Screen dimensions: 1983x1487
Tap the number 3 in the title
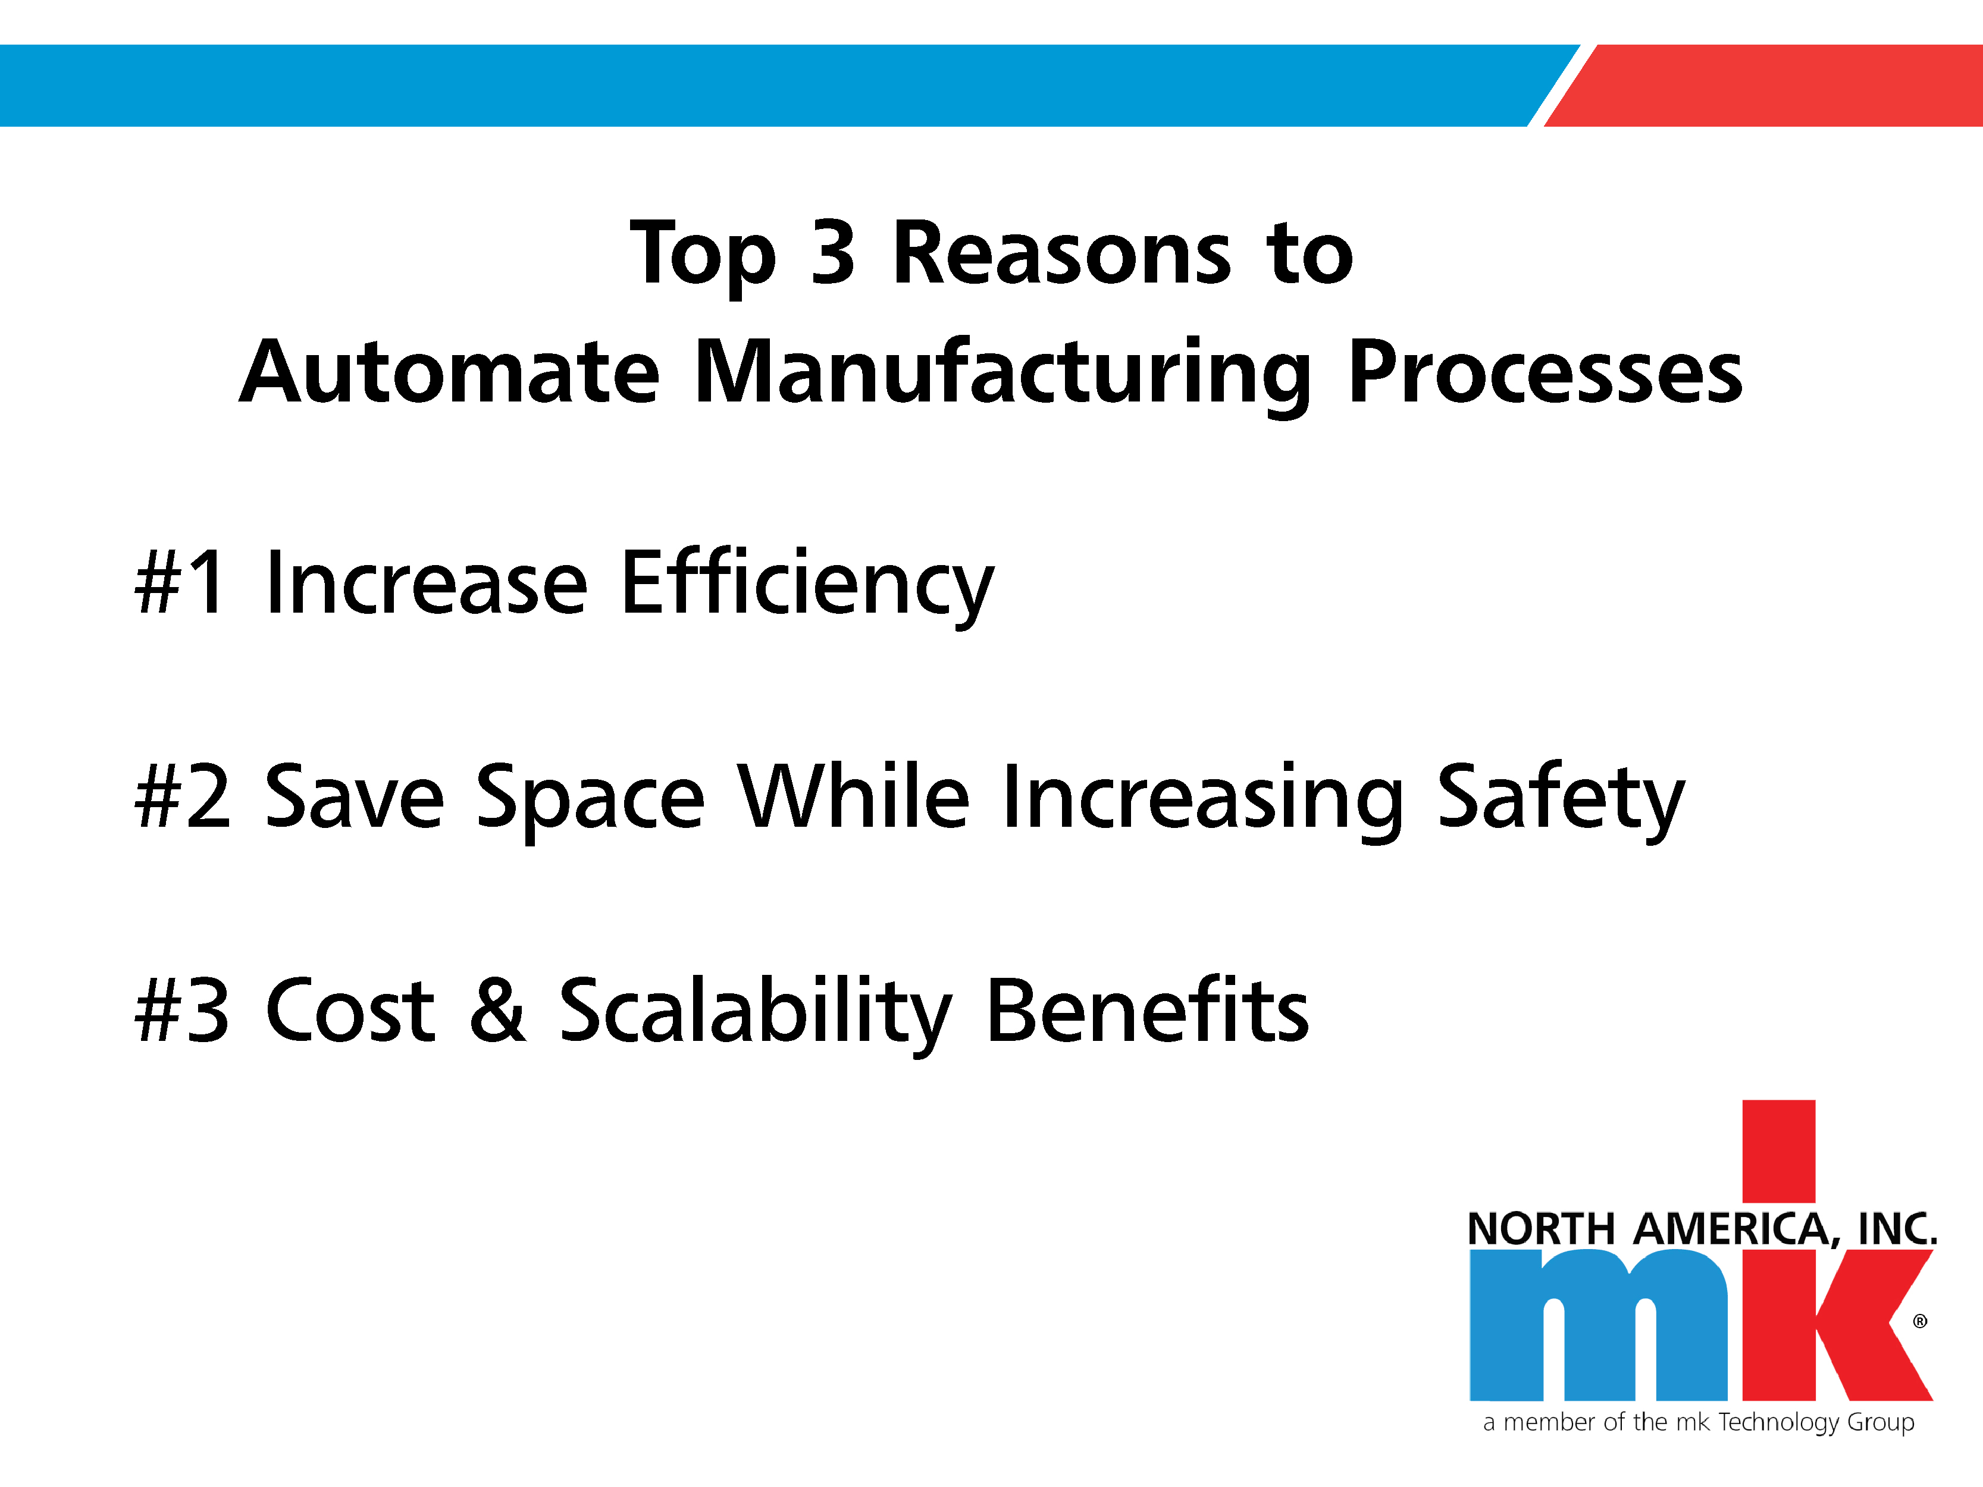point(833,253)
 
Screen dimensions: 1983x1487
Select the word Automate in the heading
point(449,372)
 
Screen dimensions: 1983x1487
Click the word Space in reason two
point(590,801)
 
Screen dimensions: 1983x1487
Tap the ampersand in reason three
point(497,1009)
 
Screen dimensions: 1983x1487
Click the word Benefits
point(1148,1008)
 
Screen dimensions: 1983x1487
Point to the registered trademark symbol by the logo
point(1921,1321)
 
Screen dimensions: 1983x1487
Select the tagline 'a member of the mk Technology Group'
point(1699,1423)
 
